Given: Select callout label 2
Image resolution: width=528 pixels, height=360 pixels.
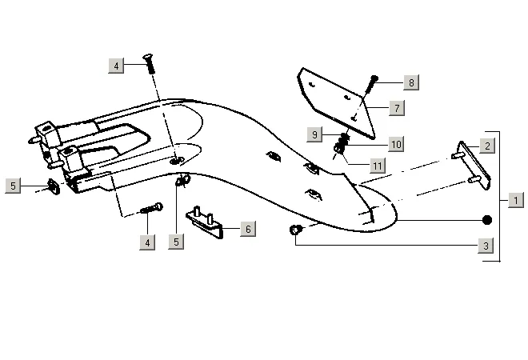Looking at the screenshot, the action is tap(487, 146).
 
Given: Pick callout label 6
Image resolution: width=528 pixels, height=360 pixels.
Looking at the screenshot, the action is tap(248, 229).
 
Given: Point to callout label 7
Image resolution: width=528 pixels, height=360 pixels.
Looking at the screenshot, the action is tap(397, 106).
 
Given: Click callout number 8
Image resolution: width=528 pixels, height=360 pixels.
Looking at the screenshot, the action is tap(410, 82).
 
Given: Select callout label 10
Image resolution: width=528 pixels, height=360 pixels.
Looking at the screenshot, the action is tap(396, 144).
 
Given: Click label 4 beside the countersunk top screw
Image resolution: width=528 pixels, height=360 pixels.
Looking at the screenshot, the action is tap(117, 66).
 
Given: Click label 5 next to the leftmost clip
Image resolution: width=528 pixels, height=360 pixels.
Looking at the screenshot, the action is tap(14, 186).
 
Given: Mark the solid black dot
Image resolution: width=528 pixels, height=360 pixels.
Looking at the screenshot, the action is tap(486, 219).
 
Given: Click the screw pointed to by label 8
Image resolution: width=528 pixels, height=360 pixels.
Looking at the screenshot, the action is tap(372, 84).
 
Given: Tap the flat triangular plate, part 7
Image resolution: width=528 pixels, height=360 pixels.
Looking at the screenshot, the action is tap(336, 100).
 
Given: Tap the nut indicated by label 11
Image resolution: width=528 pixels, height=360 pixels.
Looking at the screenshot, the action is tap(339, 152).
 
